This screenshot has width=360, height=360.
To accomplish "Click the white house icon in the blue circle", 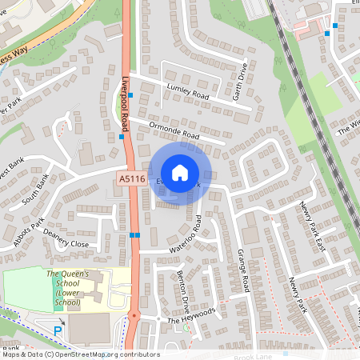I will click(x=180, y=173).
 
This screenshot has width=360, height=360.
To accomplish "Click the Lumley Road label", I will click(x=187, y=94).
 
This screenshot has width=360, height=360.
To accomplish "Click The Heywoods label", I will click(x=192, y=315).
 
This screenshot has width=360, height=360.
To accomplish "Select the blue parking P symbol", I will click(x=58, y=330).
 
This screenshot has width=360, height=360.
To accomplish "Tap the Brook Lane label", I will click(x=254, y=354).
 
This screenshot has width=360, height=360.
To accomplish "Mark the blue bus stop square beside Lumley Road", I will click(x=130, y=95).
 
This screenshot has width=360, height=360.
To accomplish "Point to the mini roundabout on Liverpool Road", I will click(x=134, y=314).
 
